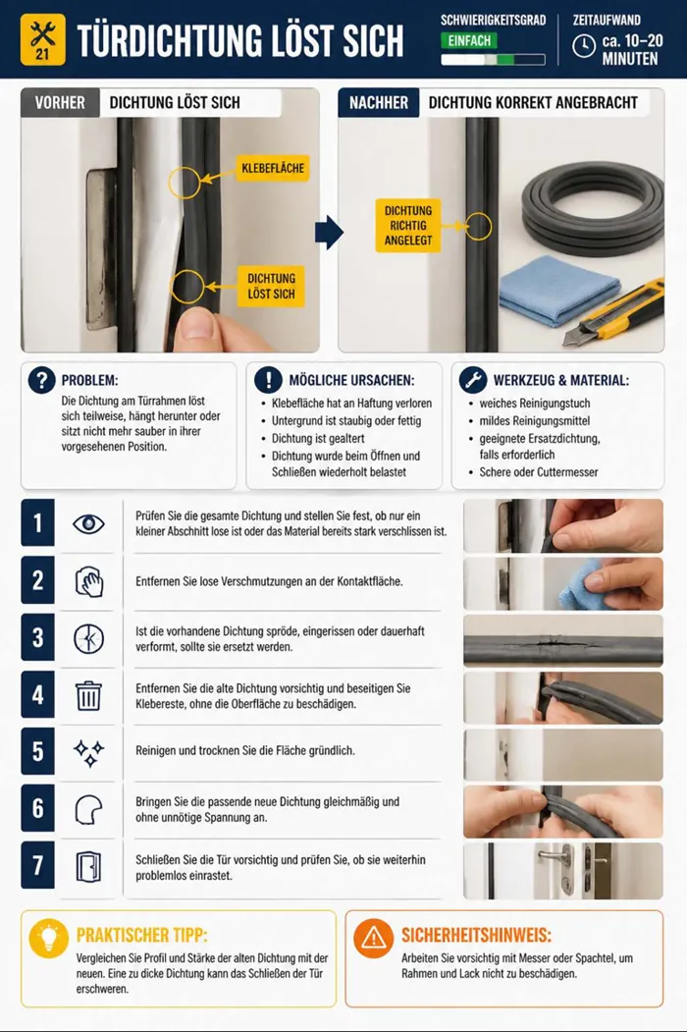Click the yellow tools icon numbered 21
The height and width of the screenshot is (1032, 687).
click(x=43, y=39)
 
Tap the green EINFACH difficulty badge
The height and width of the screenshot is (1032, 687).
click(x=469, y=41)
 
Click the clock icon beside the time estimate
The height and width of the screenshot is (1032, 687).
click(x=584, y=46)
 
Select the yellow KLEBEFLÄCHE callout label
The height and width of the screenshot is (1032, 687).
click(x=273, y=168)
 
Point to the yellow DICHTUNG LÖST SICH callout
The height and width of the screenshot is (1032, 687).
click(x=271, y=287)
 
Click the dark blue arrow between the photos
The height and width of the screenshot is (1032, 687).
click(x=329, y=232)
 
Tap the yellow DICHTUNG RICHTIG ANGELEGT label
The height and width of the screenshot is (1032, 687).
click(x=408, y=226)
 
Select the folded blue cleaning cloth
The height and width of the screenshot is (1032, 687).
click(x=560, y=289)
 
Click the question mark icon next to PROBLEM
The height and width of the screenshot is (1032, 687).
click(x=41, y=380)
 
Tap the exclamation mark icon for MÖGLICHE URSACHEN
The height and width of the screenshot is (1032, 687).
click(x=268, y=380)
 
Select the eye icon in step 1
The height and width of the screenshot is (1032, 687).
click(x=89, y=524)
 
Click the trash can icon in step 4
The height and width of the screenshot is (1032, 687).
click(x=88, y=695)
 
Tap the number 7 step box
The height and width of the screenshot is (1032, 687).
click(x=37, y=865)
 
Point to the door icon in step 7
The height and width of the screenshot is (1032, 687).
click(x=88, y=866)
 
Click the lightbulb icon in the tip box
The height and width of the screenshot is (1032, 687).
click(x=49, y=937)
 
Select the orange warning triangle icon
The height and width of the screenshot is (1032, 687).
click(x=373, y=937)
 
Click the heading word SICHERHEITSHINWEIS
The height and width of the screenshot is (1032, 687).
click(x=476, y=935)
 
